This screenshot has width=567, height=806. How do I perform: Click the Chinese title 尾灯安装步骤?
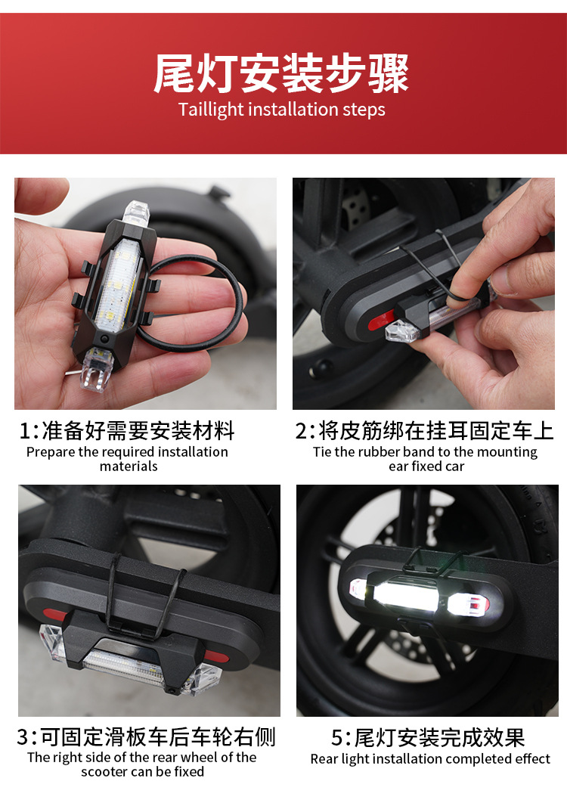click(x=281, y=73)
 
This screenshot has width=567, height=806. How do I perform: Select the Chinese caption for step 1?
click(x=126, y=431)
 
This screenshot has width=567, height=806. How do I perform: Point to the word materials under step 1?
click(x=129, y=467)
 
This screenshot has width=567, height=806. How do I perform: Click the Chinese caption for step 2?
click(x=425, y=431)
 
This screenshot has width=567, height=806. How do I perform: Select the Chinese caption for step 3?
click(x=146, y=736)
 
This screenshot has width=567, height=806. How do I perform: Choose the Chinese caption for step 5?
click(x=428, y=738)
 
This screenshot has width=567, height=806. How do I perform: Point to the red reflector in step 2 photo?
click(x=380, y=321)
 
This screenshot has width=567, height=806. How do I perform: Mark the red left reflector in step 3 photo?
click(x=54, y=614)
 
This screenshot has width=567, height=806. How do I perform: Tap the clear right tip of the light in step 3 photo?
click(x=203, y=678)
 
